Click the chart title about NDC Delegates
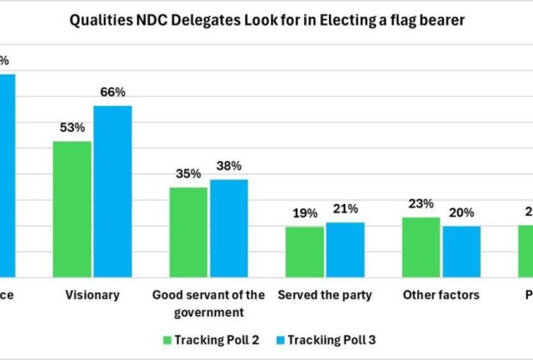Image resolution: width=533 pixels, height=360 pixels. (267, 21)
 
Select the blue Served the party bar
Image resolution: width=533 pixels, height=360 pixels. (345, 249)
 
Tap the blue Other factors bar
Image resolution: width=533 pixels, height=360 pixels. (461, 251)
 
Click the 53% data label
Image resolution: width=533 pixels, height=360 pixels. (72, 128)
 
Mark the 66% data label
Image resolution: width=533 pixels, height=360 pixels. (112, 93)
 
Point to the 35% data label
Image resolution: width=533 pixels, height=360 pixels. (188, 174)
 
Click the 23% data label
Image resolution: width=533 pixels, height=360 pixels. (421, 204)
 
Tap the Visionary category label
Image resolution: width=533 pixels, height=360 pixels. (93, 296)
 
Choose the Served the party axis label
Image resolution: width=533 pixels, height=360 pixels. (325, 296)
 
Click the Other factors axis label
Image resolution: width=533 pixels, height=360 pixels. (441, 296)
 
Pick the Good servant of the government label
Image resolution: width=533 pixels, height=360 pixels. (209, 303)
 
